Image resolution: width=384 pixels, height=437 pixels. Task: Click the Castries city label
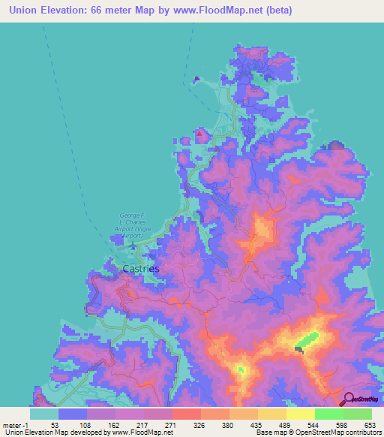tap(140, 267)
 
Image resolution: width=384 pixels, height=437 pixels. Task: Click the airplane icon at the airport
tap(133, 245)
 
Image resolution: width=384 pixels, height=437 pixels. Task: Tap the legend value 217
tap(144, 425)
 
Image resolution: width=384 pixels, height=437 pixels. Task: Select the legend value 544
tap(313, 425)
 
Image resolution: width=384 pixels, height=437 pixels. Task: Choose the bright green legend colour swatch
tap(328, 414)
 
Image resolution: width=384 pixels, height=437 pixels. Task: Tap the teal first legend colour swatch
tap(43, 414)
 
